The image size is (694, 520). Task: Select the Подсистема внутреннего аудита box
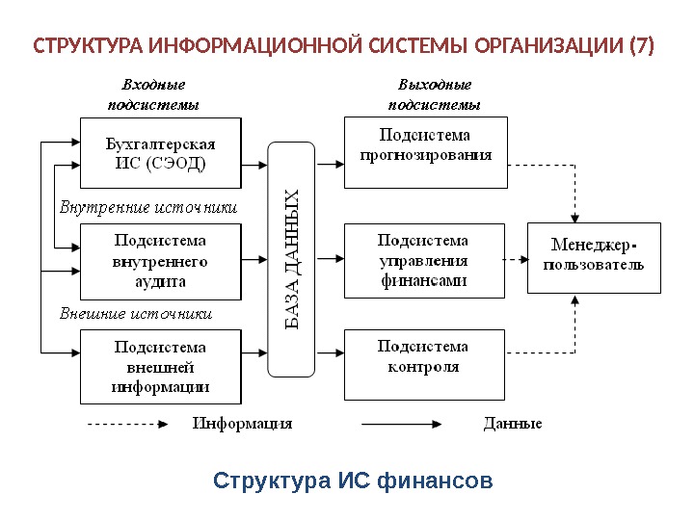coord(160,260)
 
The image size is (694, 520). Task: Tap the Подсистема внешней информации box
coord(160,367)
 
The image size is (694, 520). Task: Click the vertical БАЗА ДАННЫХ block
coord(293,258)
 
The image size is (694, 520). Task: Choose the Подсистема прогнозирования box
coord(425,151)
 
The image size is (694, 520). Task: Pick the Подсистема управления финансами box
coord(425,260)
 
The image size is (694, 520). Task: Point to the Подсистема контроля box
coord(425,363)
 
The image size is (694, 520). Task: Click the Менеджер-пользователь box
coord(594,257)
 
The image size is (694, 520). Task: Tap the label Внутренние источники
coord(147,207)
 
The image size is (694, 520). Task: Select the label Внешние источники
coord(135,314)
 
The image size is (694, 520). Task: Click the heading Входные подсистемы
coord(153,94)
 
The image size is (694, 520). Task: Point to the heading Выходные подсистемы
coord(434,94)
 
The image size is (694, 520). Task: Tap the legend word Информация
coord(242,423)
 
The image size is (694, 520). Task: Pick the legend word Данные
coord(512,423)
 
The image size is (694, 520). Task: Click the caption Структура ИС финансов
coord(353,480)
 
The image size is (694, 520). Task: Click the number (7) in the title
coord(639,45)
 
